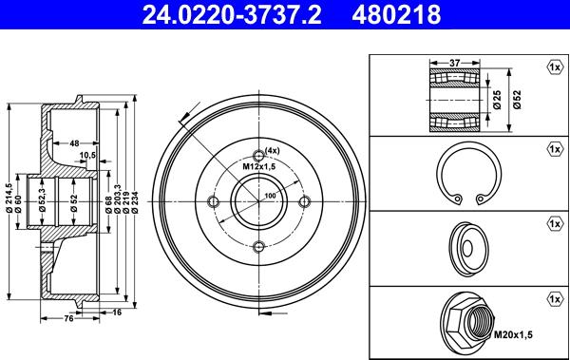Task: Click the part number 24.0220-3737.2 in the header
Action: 232,14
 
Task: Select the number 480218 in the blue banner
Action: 396,14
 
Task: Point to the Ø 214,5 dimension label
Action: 9,198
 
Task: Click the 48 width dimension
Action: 74,143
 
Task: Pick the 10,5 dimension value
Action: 87,155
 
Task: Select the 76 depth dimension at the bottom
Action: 68,318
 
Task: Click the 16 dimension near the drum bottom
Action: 117,312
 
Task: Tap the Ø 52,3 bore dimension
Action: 42,200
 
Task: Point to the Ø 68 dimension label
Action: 108,204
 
